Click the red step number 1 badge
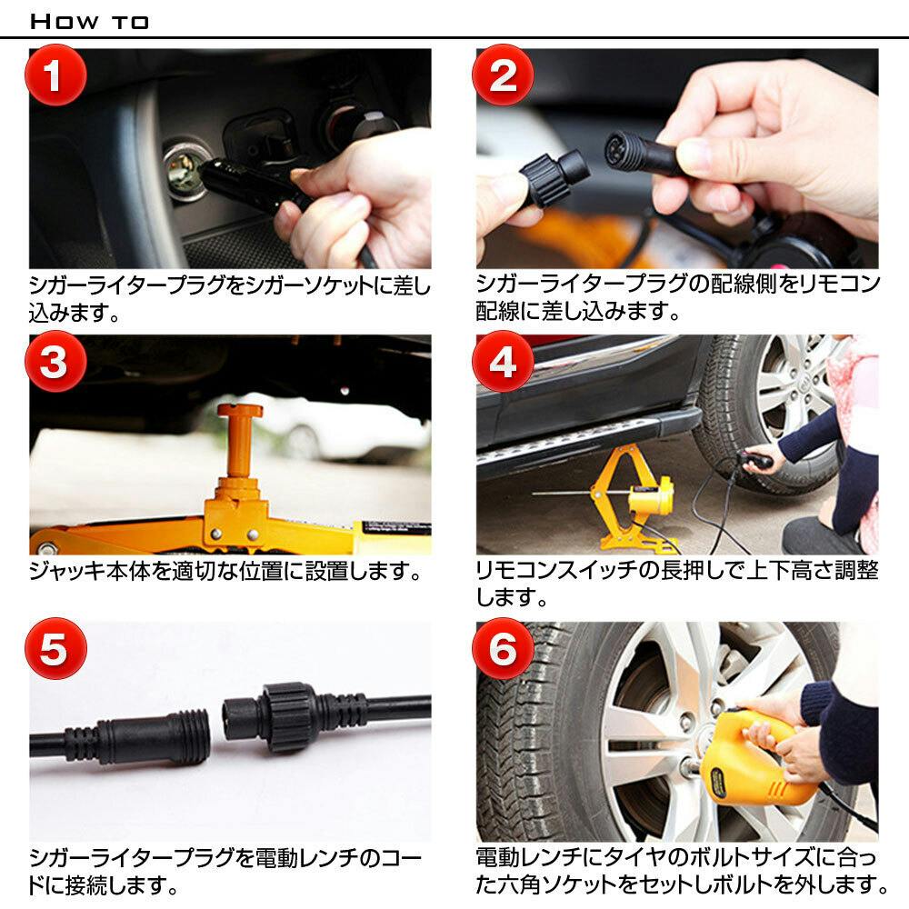point(55,76)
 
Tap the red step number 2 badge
point(503,76)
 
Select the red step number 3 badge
point(55,363)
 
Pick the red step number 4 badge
point(503,363)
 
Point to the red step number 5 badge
point(55,650)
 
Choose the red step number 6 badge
point(503,650)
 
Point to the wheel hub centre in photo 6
point(684,727)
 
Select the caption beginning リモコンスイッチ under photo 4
point(677,584)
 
